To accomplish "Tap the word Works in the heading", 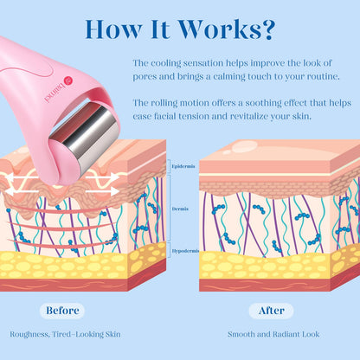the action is [219, 29].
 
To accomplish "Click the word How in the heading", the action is [113, 29].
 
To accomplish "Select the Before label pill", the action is [62, 311].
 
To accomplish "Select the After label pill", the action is [272, 311].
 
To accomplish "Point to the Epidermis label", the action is [183, 166].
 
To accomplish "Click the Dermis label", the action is [180, 209].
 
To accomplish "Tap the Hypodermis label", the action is [185, 251].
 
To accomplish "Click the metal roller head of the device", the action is [87, 138].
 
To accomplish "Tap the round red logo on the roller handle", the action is [68, 80].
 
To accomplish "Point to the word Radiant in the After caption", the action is [286, 334].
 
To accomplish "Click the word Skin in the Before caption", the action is [112, 334].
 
